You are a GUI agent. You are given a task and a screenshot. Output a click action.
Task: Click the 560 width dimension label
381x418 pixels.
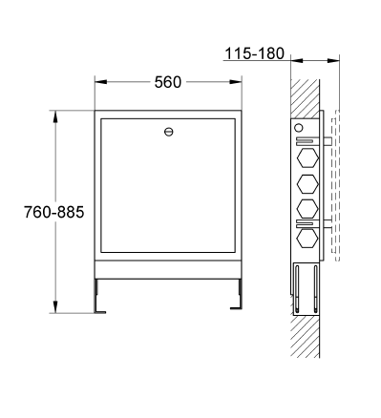click(168, 82)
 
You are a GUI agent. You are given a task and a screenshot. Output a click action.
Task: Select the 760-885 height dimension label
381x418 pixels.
click(54, 212)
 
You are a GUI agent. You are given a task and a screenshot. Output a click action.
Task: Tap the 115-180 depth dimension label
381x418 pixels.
click(254, 53)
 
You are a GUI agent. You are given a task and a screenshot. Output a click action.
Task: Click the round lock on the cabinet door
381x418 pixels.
click(169, 132)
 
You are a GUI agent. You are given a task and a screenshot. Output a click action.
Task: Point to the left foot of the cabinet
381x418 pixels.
click(99, 297)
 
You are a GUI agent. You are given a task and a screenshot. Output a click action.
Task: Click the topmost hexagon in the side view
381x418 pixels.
click(307, 157)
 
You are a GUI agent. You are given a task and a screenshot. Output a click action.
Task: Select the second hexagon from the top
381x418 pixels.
click(307, 184)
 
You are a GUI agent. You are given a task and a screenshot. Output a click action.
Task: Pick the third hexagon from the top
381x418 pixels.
click(307, 209)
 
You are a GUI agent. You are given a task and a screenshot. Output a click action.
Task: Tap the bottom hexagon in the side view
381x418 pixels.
click(307, 238)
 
